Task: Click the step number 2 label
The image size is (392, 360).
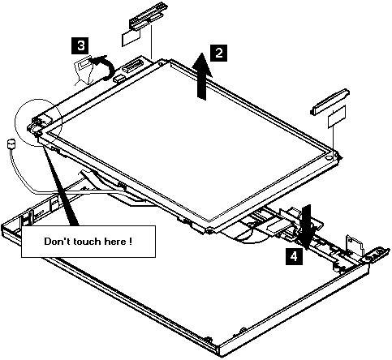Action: click(x=218, y=53)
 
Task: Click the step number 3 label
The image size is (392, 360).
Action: click(x=80, y=45)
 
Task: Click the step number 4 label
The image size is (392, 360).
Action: click(x=294, y=256)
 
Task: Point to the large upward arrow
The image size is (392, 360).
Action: click(x=202, y=76)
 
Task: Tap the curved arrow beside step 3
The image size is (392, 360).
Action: click(x=104, y=67)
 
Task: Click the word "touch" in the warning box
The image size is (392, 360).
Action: click(x=86, y=242)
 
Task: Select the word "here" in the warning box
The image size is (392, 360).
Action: click(x=114, y=242)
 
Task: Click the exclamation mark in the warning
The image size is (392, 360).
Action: click(x=131, y=241)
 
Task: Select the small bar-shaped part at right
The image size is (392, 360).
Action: click(x=330, y=102)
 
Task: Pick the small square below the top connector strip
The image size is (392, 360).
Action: click(x=131, y=37)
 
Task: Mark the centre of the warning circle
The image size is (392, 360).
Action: click(x=39, y=122)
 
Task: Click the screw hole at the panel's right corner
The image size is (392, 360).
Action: click(x=328, y=157)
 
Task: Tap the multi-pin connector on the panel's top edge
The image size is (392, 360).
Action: click(x=132, y=66)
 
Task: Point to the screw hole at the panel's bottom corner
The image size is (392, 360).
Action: click(x=209, y=231)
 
